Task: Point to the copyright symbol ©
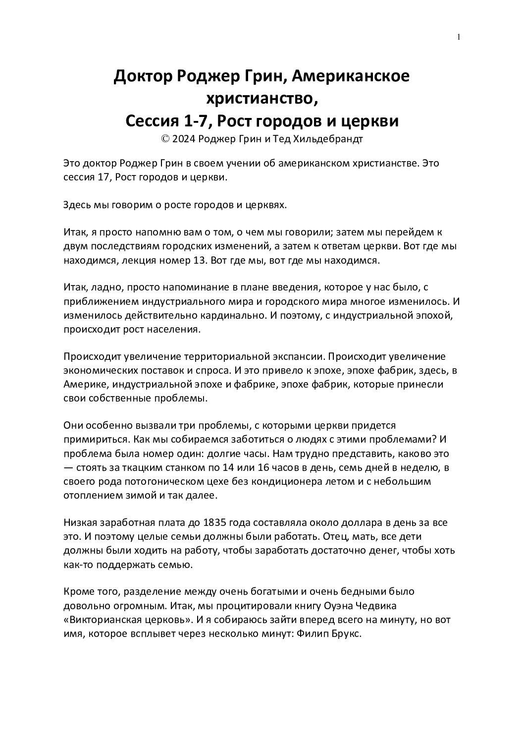coord(165,139)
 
